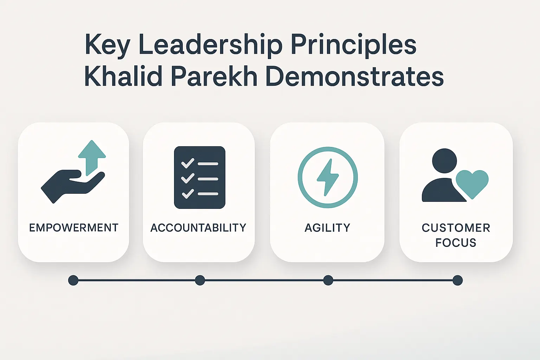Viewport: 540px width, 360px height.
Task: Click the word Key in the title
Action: click(107, 45)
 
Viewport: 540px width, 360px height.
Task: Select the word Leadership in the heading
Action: click(211, 45)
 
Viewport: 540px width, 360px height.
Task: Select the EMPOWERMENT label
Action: click(73, 228)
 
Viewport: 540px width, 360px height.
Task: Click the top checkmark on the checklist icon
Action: click(188, 163)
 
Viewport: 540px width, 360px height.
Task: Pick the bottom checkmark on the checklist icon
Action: click(188, 193)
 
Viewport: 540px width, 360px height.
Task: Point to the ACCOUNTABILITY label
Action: click(198, 228)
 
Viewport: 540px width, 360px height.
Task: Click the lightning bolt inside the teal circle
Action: click(328, 177)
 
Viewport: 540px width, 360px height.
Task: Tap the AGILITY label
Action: click(327, 228)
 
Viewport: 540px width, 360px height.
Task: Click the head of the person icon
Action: click(444, 161)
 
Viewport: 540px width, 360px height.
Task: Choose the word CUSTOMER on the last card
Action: click(456, 228)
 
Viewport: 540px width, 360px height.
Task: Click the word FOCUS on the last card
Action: click(456, 243)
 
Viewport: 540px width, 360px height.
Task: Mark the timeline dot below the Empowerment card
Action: click(73, 280)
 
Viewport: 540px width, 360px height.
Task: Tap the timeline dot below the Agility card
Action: click(328, 280)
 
